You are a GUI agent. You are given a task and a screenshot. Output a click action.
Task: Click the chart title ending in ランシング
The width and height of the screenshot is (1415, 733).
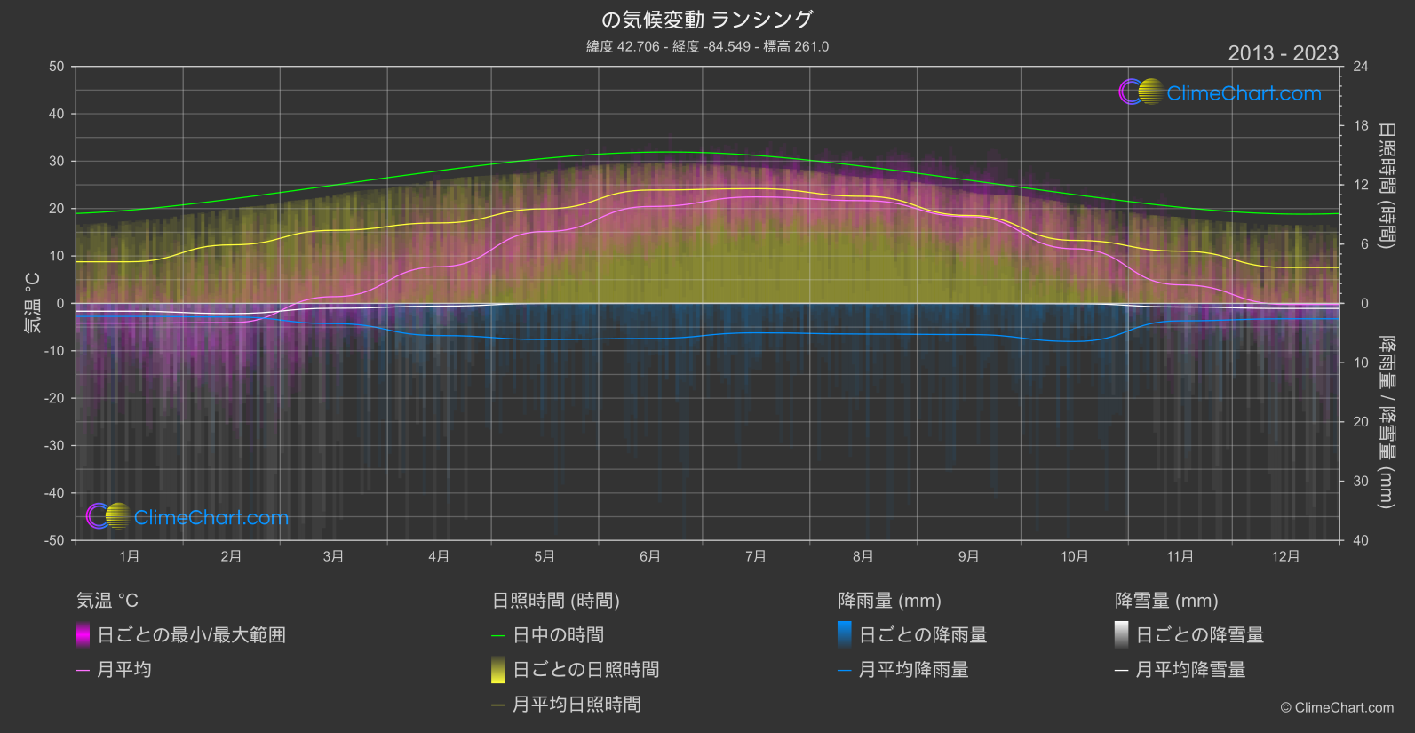click(707, 20)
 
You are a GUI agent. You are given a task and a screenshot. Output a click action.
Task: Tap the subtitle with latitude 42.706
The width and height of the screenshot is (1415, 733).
click(707, 46)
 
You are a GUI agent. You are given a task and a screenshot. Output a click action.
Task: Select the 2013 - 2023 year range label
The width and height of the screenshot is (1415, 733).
click(1283, 53)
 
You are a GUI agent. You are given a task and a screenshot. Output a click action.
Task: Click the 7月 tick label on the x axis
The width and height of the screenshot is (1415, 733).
click(756, 556)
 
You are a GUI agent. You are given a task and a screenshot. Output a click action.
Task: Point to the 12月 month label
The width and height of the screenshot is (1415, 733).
click(1285, 556)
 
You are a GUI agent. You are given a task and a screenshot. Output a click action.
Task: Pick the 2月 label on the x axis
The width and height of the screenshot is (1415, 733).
click(231, 556)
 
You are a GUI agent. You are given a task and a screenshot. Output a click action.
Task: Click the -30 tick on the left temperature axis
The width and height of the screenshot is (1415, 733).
click(55, 446)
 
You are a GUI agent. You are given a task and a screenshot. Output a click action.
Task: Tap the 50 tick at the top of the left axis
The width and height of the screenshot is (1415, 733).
click(57, 67)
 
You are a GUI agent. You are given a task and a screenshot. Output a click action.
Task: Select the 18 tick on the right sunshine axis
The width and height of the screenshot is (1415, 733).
click(1361, 126)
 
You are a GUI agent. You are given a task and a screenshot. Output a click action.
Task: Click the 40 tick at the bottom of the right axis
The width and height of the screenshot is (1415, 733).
click(1361, 540)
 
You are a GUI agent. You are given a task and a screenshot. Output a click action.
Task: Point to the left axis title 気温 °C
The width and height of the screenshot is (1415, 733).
click(32, 303)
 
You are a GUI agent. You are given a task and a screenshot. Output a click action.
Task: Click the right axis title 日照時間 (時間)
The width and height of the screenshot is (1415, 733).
click(1386, 185)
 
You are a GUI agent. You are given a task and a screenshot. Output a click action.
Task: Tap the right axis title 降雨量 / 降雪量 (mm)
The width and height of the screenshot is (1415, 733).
click(1386, 421)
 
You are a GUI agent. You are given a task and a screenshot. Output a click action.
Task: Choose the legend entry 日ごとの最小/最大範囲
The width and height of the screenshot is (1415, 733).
click(191, 635)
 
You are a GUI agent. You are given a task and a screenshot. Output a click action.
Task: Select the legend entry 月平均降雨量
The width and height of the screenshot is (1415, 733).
click(913, 670)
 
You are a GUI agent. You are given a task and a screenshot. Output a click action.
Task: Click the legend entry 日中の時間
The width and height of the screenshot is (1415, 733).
click(558, 635)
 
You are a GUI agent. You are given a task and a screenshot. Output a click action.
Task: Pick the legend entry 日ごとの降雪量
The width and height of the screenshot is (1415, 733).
click(1199, 635)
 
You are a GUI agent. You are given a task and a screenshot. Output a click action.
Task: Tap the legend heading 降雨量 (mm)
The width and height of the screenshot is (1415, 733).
click(889, 601)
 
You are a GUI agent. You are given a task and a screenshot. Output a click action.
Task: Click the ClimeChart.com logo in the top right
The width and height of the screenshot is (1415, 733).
click(1220, 92)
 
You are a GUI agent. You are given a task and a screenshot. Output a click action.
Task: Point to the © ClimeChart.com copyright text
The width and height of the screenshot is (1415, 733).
click(1337, 708)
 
